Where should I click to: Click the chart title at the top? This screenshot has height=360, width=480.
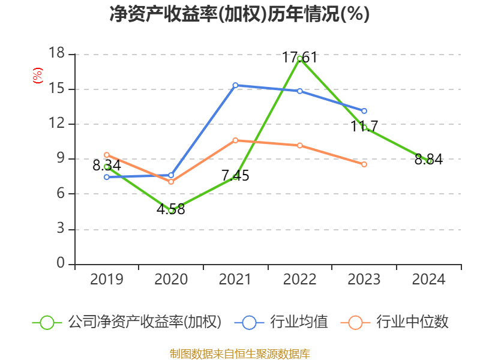[x=239, y=14]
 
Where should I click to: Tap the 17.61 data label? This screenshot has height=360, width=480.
[x=299, y=58]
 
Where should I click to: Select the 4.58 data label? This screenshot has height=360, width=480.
[x=171, y=210]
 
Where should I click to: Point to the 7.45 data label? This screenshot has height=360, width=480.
[x=235, y=176]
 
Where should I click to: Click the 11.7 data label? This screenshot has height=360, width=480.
[x=364, y=126]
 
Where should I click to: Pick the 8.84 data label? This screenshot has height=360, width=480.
[x=429, y=160]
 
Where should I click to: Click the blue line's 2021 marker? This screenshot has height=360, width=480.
[x=235, y=85]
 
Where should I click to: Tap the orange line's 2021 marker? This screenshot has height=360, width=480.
[x=235, y=140]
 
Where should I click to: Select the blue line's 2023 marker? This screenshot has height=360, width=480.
[x=364, y=110]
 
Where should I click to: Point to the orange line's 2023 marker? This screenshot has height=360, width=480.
[x=364, y=164]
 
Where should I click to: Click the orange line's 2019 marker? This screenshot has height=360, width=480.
[x=107, y=155]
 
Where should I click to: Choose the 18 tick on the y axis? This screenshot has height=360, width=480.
[x=56, y=54]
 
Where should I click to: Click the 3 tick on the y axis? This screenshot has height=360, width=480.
[x=60, y=229]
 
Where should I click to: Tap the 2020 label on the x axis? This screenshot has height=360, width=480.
[x=171, y=280]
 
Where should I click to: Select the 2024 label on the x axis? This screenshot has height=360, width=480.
[x=429, y=280]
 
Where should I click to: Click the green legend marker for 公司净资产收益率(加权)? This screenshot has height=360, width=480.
[x=47, y=322]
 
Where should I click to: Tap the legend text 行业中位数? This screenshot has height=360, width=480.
[x=412, y=322]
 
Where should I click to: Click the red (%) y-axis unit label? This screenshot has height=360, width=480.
[x=37, y=76]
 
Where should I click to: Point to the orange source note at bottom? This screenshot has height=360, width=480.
[x=239, y=353]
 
